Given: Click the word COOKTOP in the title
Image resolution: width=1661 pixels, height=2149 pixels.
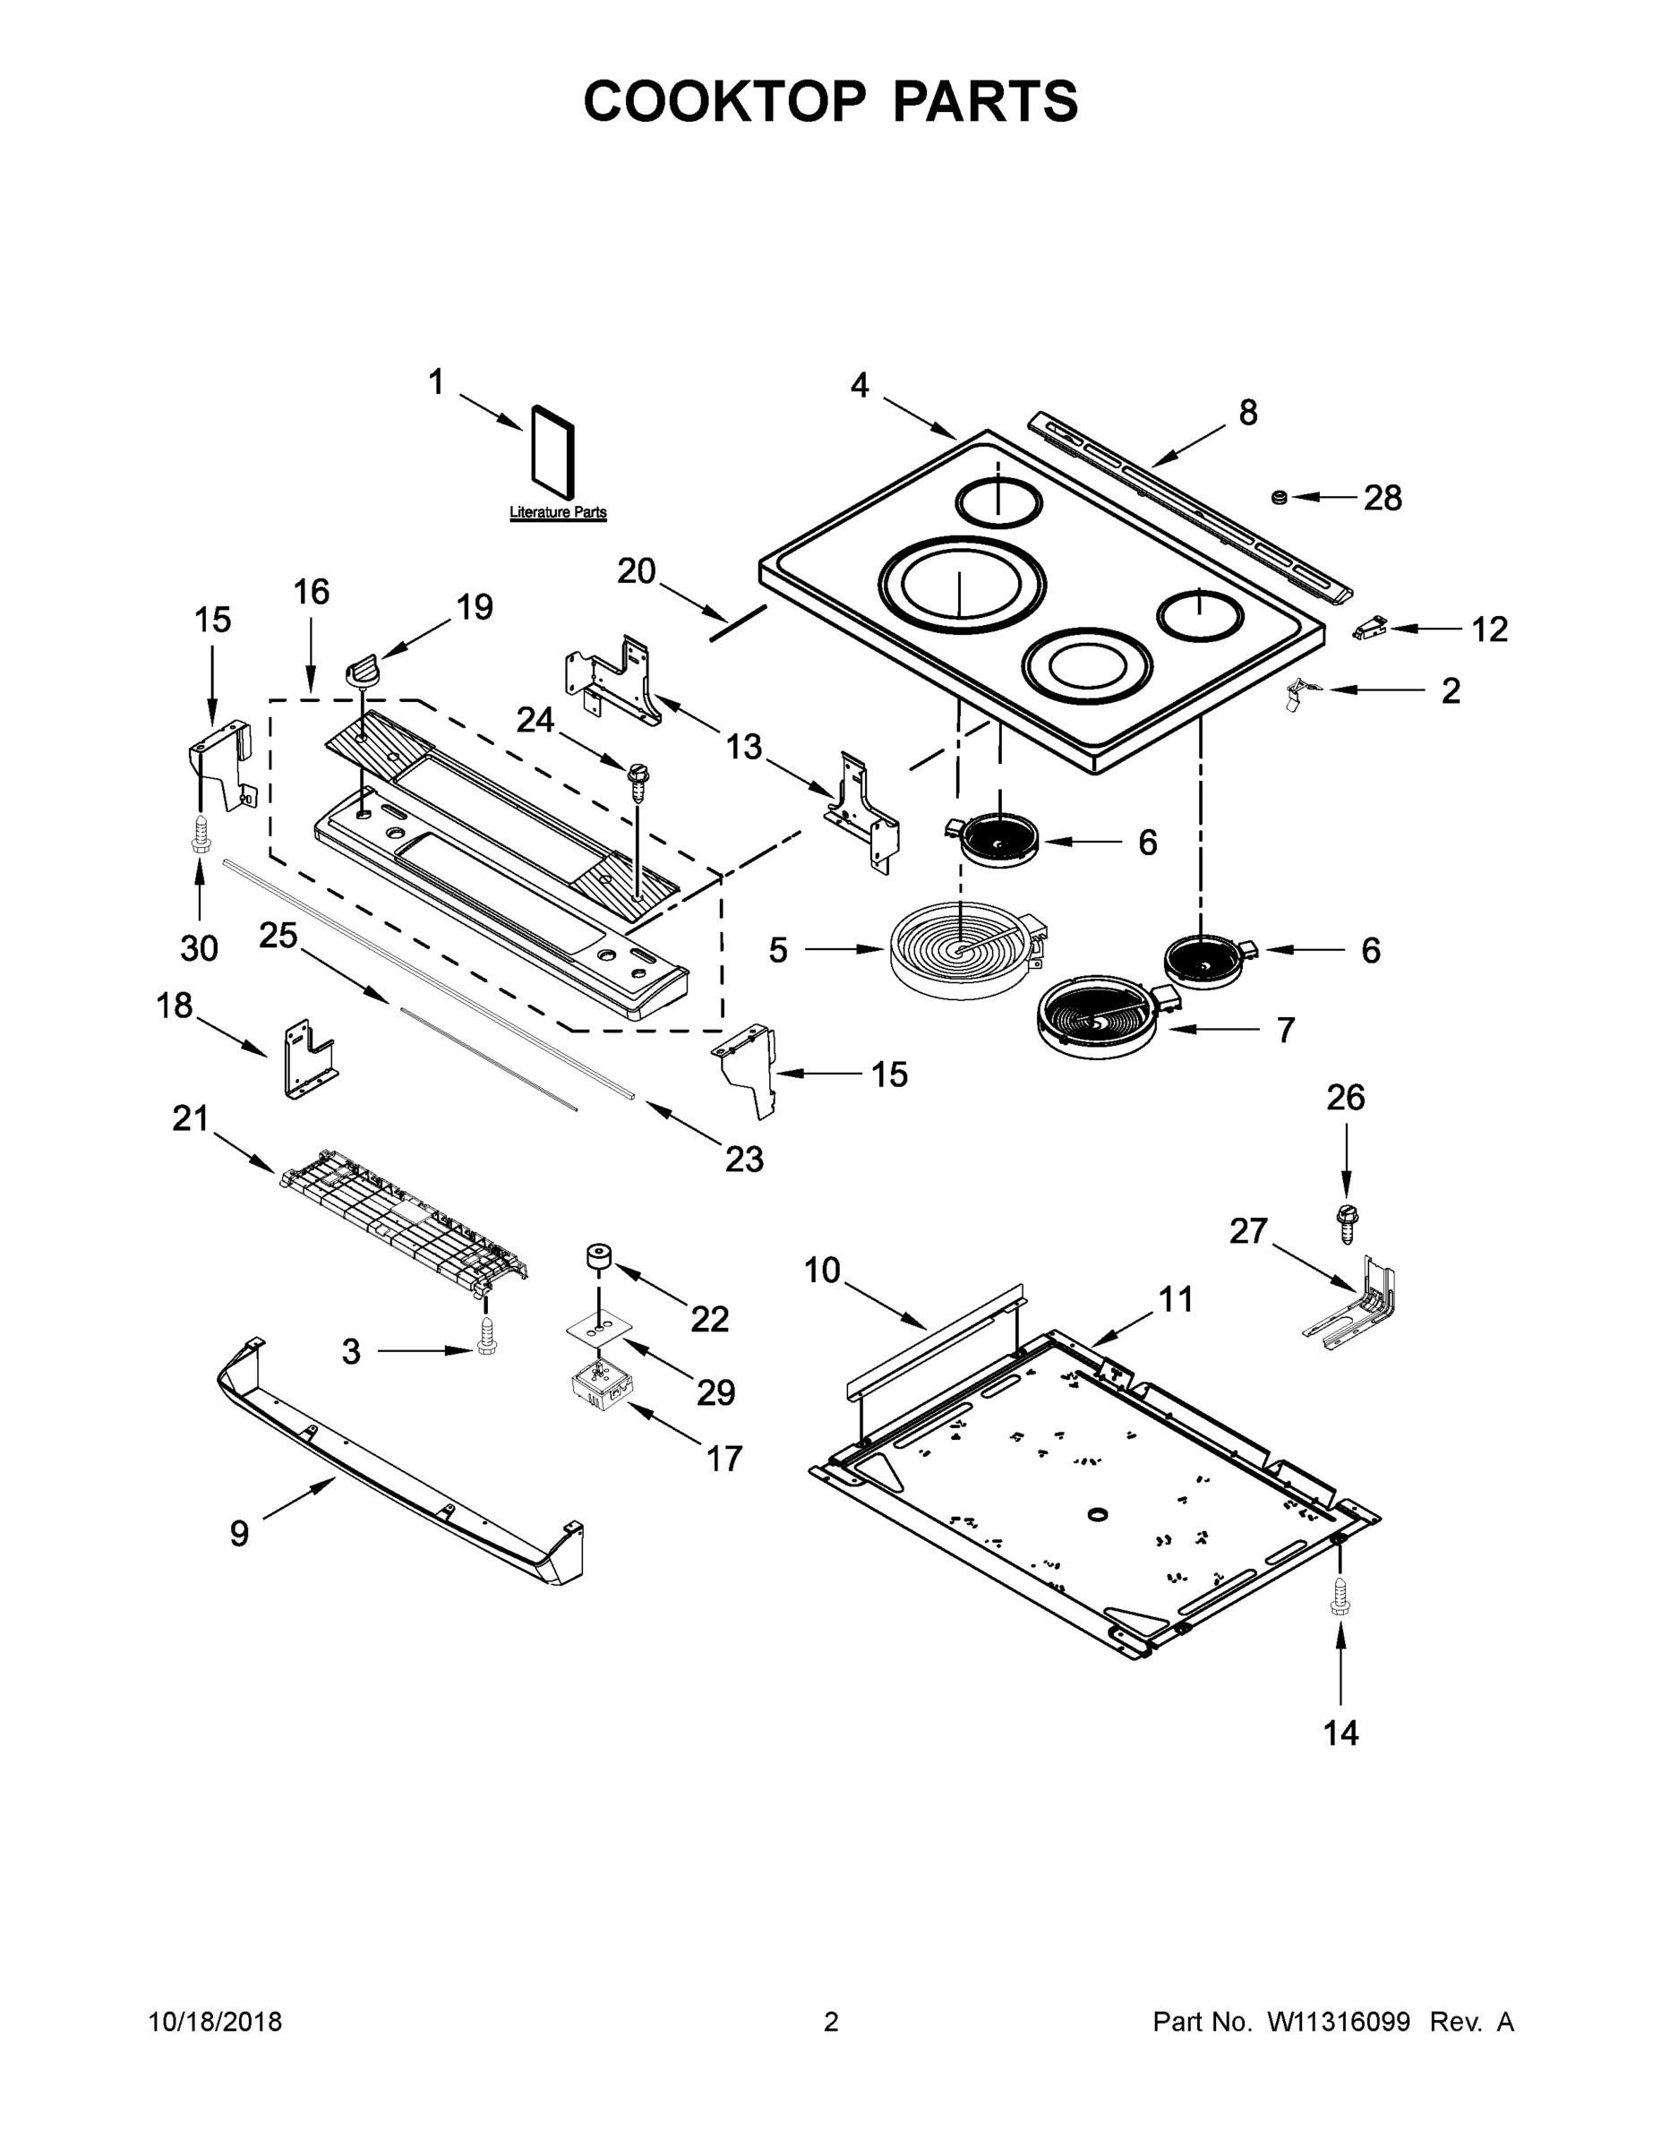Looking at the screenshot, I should pos(725,101).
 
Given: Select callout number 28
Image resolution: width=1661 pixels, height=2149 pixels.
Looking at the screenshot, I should pos(1382,499).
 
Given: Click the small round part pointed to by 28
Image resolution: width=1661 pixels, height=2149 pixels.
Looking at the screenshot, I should pos(1280,498).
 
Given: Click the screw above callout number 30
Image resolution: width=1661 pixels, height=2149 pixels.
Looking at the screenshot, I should pos(201,833).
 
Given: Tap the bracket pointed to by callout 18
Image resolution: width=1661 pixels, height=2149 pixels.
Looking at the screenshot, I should pos(307,1060).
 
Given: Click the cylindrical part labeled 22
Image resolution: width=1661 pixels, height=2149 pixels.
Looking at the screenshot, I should pos(597,1257).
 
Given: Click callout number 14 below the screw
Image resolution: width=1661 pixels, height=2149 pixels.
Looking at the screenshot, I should pos(1340,1733).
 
